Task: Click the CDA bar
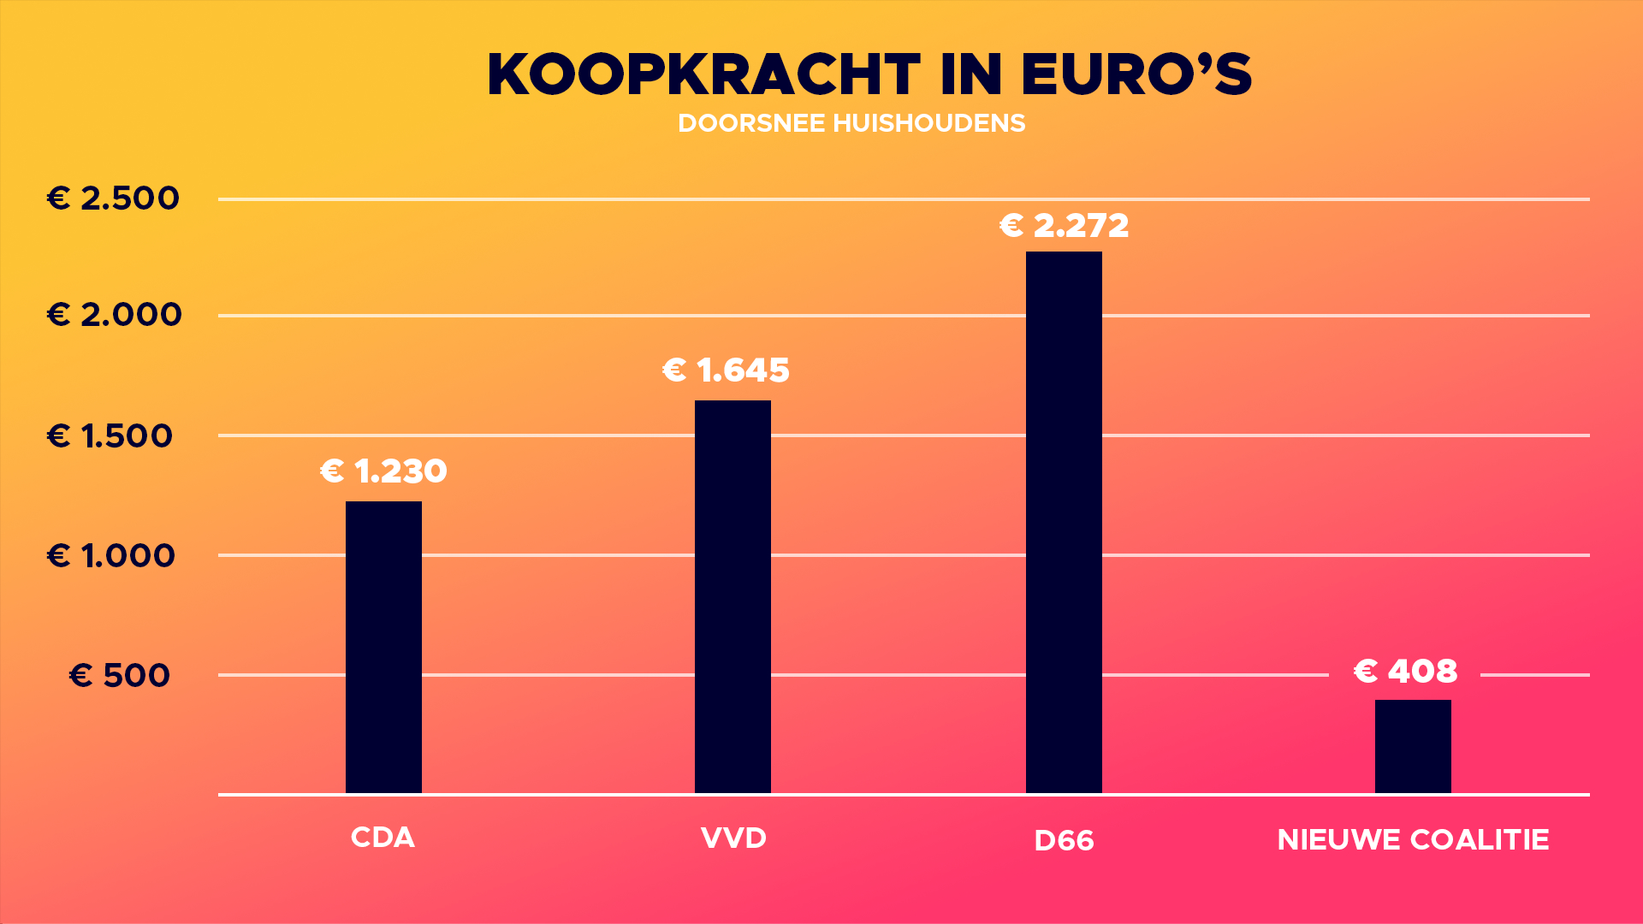click(x=383, y=648)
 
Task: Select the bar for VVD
click(x=733, y=597)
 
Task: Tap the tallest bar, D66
click(x=1064, y=523)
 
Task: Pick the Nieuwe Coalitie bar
click(x=1413, y=747)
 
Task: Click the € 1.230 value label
click(x=383, y=471)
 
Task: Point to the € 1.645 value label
click(x=726, y=370)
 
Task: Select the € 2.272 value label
click(x=1064, y=226)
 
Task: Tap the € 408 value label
click(x=1405, y=672)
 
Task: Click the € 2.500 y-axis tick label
click(x=113, y=198)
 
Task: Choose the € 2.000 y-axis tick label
click(x=114, y=315)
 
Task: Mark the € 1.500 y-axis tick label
click(x=110, y=436)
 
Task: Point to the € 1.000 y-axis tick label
click(x=110, y=556)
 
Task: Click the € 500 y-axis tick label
click(x=120, y=676)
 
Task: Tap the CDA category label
click(x=383, y=838)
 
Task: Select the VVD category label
click(x=733, y=838)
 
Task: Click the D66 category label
click(x=1064, y=841)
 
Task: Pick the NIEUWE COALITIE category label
click(x=1413, y=840)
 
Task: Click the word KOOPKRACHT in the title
click(x=703, y=75)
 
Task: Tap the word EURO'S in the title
click(x=1136, y=75)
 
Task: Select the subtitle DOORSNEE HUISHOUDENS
click(x=851, y=124)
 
